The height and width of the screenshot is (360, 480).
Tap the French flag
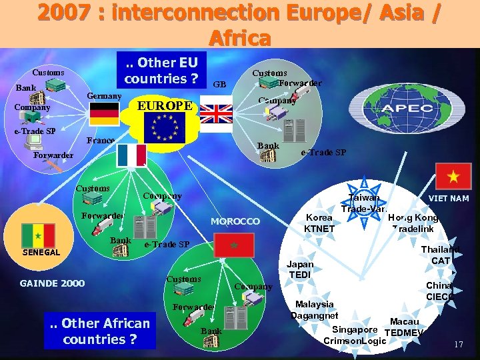[x=131, y=155]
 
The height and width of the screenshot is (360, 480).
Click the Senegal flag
[x=38, y=235]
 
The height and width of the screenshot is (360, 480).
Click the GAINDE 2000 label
[x=53, y=283]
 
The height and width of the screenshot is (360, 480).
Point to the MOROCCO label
[x=235, y=221]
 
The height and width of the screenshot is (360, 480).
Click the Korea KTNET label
[x=319, y=223]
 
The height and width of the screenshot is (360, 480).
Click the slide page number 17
[x=458, y=345]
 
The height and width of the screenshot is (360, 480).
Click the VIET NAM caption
[x=448, y=199]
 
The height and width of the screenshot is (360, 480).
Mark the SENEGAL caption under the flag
[x=41, y=253]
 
